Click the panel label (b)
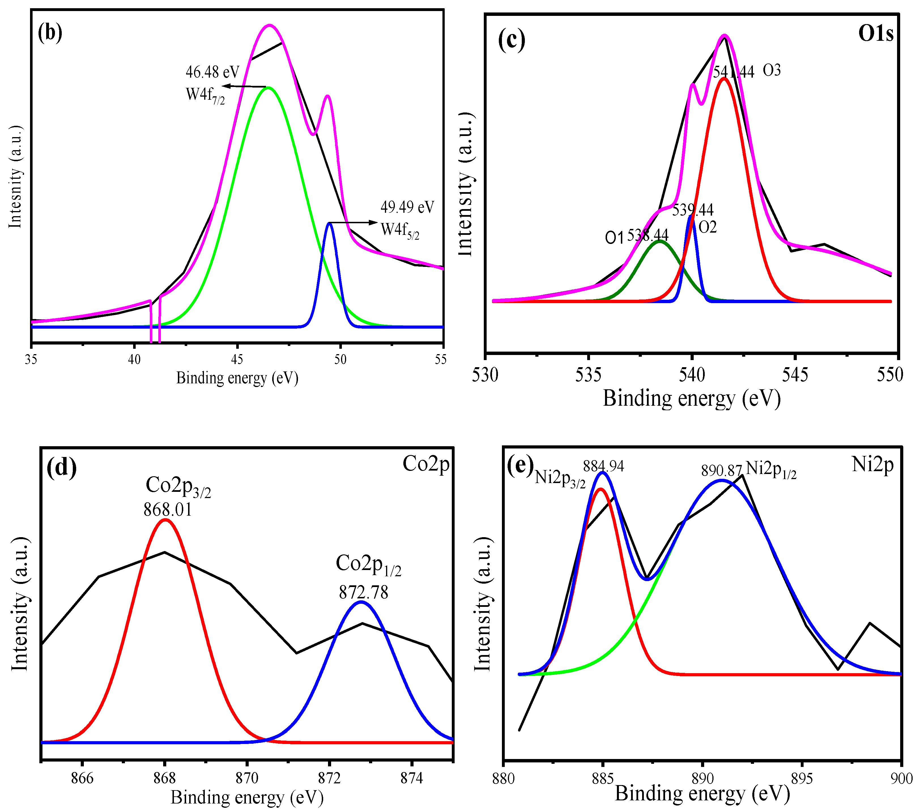point(50,33)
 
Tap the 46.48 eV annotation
point(212,72)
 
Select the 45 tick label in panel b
point(237,359)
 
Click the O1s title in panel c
point(876,34)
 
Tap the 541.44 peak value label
point(733,72)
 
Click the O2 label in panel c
point(708,228)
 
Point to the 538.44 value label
point(648,235)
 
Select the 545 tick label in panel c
point(795,375)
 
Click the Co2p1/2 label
point(368,565)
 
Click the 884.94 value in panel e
point(604,466)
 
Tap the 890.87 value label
point(721,471)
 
